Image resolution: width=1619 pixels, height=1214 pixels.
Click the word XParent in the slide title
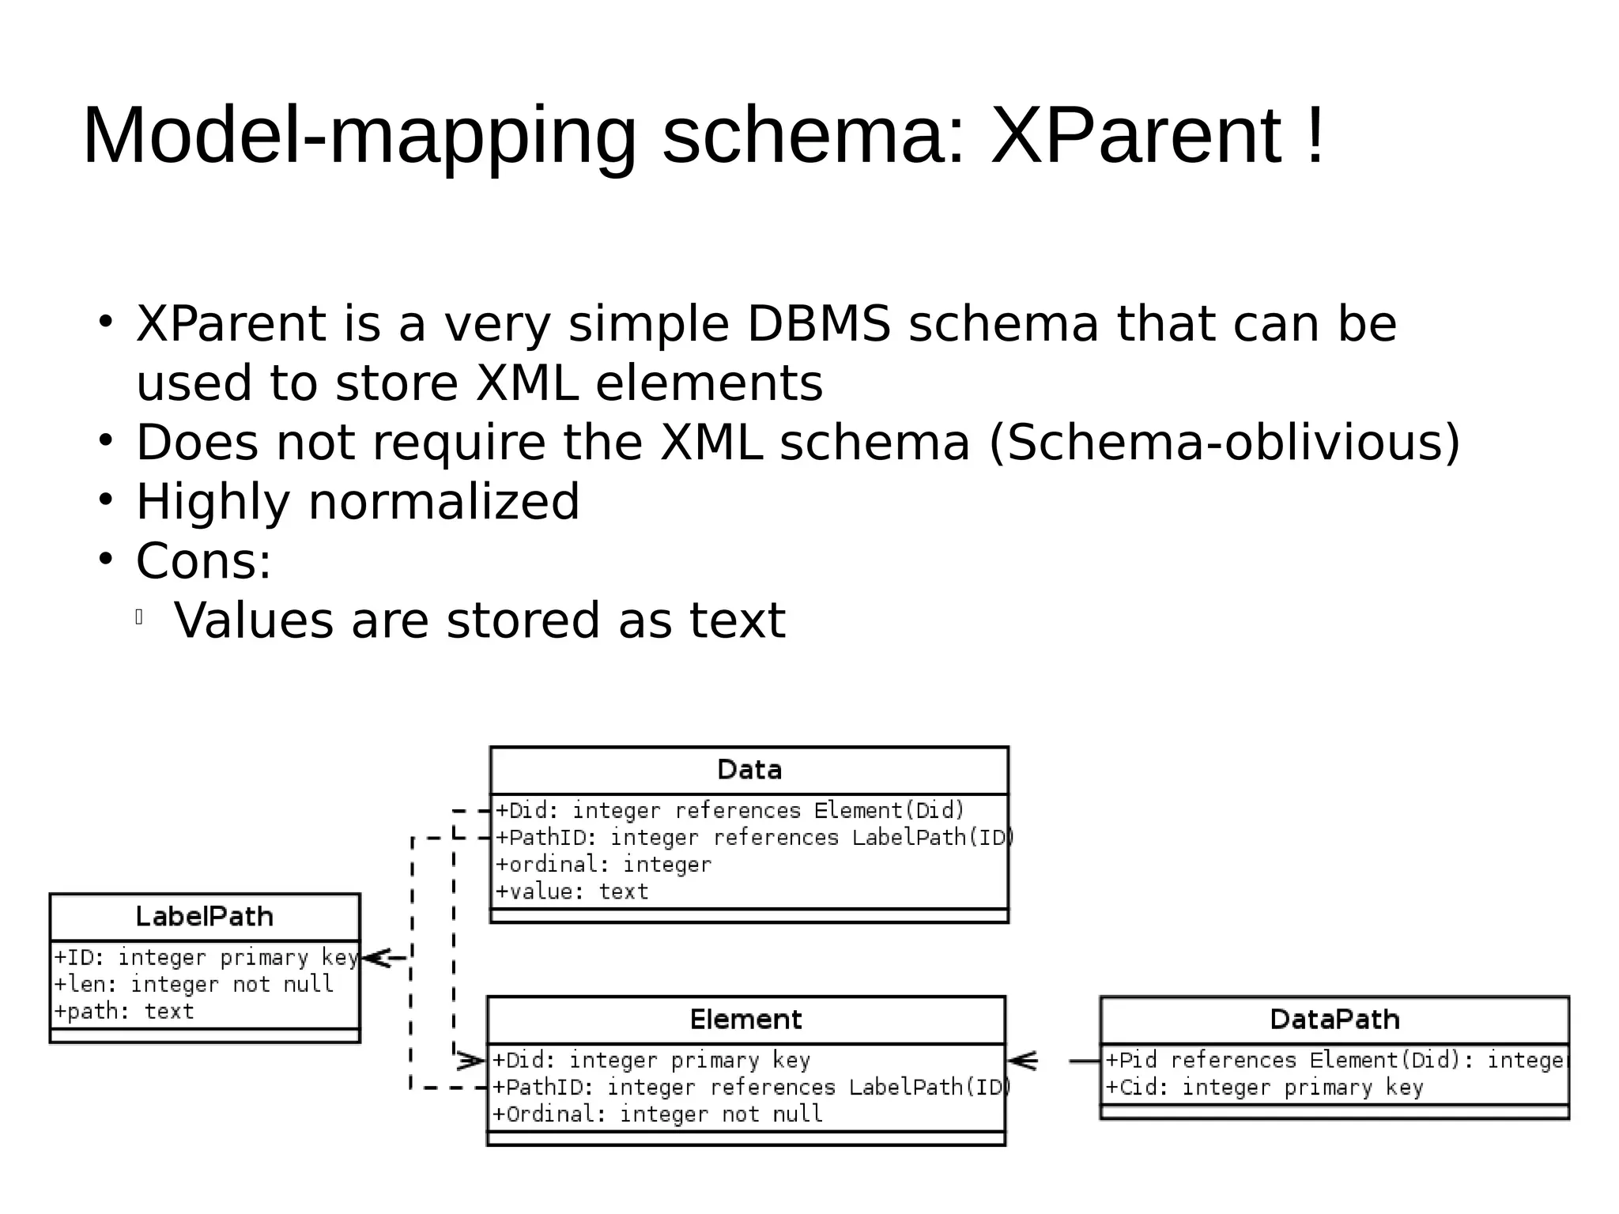coord(1136,136)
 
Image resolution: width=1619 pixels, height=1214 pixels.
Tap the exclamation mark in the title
coord(1315,136)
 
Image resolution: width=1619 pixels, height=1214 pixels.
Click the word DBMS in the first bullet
coord(818,324)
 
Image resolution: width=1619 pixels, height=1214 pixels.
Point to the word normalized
coord(443,502)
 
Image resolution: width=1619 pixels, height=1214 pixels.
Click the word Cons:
coord(203,561)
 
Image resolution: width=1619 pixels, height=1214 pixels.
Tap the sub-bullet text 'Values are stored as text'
coord(479,620)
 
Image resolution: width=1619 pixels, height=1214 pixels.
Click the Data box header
coord(749,770)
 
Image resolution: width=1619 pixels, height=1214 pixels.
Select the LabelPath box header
coord(204,917)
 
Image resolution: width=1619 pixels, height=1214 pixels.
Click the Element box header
coord(745,1020)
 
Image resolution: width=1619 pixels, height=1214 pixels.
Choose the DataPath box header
coord(1334,1020)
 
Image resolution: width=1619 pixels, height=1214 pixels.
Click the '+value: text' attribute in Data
coord(572,892)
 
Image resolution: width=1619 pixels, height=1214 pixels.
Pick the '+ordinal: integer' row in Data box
coord(603,865)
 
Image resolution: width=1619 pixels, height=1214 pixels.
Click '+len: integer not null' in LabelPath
coord(194,985)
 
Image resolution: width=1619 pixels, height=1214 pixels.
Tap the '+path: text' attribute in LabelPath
coord(124,1012)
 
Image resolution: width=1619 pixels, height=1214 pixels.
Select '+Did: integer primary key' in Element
coord(651,1060)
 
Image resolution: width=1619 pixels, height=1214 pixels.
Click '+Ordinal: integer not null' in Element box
coord(657,1114)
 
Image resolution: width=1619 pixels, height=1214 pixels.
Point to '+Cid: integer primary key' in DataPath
coord(1263,1088)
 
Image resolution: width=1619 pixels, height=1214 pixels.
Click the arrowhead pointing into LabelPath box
coord(376,958)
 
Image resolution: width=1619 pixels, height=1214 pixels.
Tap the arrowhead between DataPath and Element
coord(1022,1061)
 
